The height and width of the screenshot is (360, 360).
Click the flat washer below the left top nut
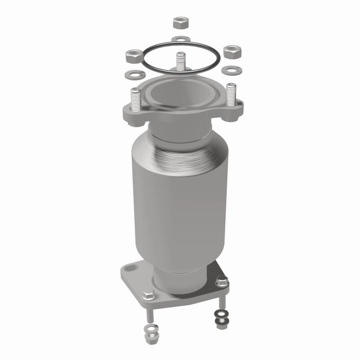pyautogui.click(x=131, y=72)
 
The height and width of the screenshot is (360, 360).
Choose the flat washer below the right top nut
pyautogui.click(x=231, y=70)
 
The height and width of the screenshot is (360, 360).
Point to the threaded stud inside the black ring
pyautogui.click(x=180, y=61)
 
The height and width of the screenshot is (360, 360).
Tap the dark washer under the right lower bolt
pyautogui.click(x=220, y=313)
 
